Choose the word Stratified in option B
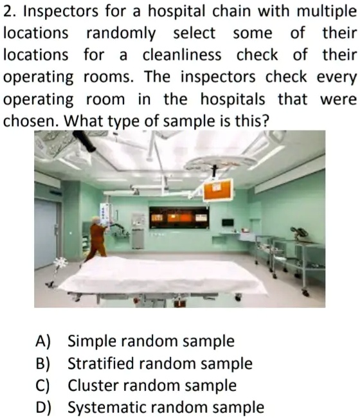[105, 363]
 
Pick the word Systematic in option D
[109, 407]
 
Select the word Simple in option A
[93, 341]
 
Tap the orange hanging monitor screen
[217, 190]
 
